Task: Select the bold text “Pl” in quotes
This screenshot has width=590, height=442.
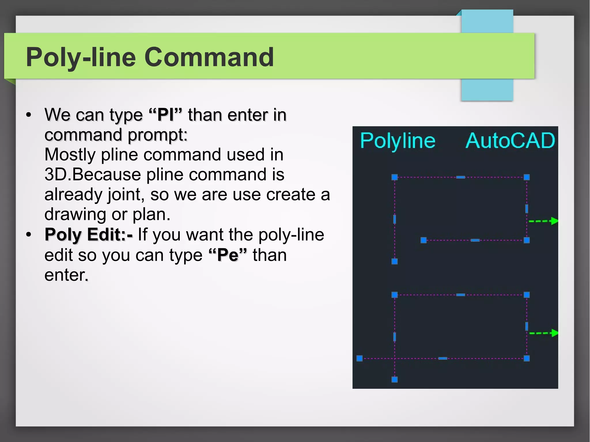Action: pos(166,115)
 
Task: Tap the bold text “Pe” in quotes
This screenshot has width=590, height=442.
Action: pos(228,255)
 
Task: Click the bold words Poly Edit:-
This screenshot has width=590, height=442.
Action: pos(88,234)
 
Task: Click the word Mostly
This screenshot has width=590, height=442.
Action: pos(70,155)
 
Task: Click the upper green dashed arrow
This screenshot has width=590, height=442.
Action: pos(543,221)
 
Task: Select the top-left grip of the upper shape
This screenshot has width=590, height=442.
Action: pos(394,177)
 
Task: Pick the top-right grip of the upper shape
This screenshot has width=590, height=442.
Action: pos(527,177)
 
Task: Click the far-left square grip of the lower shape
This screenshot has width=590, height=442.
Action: pos(359,358)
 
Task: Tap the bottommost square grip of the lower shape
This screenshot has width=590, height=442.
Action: pos(394,380)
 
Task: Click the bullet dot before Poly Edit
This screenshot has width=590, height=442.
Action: pos(28,234)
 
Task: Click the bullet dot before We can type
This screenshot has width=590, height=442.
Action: pos(28,115)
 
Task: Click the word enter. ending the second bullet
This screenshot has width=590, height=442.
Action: pos(66,275)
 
